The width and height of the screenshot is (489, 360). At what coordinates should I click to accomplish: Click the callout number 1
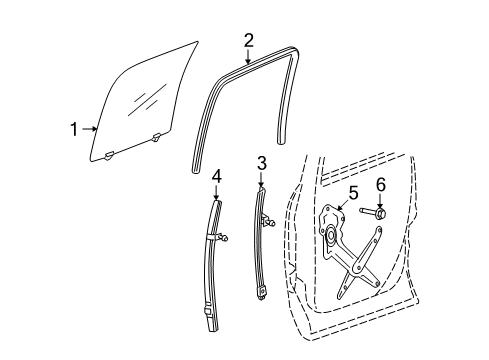[73, 128]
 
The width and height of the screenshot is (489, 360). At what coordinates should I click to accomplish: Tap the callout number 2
[249, 40]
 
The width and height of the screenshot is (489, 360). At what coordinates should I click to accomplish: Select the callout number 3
[261, 162]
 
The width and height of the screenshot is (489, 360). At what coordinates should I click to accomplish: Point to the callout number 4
[217, 177]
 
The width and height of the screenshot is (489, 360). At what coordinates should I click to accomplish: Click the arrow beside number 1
[90, 128]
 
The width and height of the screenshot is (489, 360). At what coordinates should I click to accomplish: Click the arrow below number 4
[217, 192]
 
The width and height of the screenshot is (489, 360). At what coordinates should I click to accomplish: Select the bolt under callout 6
[378, 213]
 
